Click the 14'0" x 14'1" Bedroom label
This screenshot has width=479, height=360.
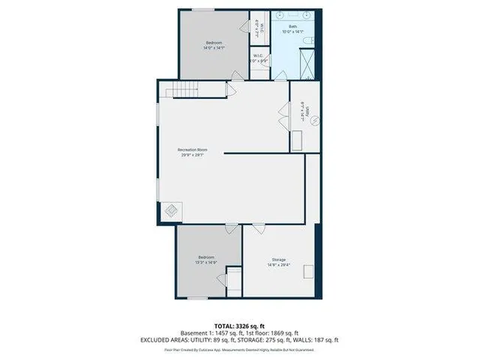tap(214, 44)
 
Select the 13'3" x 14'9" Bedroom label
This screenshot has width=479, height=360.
tap(206, 259)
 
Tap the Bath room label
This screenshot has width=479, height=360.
tap(292, 29)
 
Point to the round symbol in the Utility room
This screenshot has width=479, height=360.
tap(315, 119)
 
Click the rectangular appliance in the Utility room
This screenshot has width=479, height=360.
tap(298, 141)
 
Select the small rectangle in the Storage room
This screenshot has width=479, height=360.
tap(232, 280)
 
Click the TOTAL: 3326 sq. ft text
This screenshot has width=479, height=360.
tap(239, 325)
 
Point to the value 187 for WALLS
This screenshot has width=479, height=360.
tap(319, 340)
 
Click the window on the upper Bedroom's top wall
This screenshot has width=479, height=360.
tap(203, 10)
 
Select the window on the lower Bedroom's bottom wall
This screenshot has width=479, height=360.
tap(197, 298)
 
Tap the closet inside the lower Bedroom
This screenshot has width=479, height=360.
tap(232, 280)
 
